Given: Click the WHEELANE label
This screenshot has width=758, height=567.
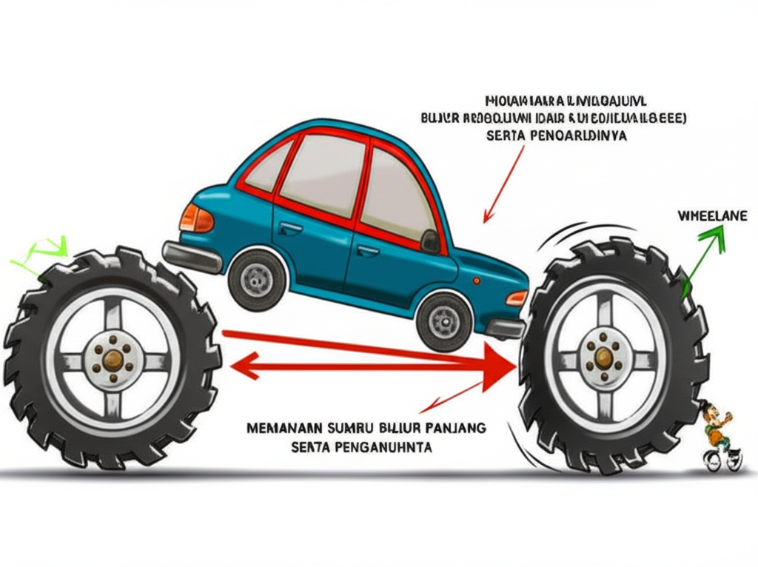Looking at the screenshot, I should [712, 215].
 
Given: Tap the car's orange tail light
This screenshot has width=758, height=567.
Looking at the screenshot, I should [195, 218].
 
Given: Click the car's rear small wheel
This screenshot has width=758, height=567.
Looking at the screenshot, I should [257, 279].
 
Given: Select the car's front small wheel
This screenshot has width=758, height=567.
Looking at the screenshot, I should [444, 321].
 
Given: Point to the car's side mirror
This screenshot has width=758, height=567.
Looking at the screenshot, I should [430, 241].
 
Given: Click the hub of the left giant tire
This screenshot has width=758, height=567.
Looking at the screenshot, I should [113, 360].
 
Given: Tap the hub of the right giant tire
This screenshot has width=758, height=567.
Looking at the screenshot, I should [603, 358].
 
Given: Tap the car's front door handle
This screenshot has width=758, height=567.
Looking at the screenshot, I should [368, 251].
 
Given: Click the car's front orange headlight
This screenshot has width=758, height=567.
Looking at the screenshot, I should [516, 298].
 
